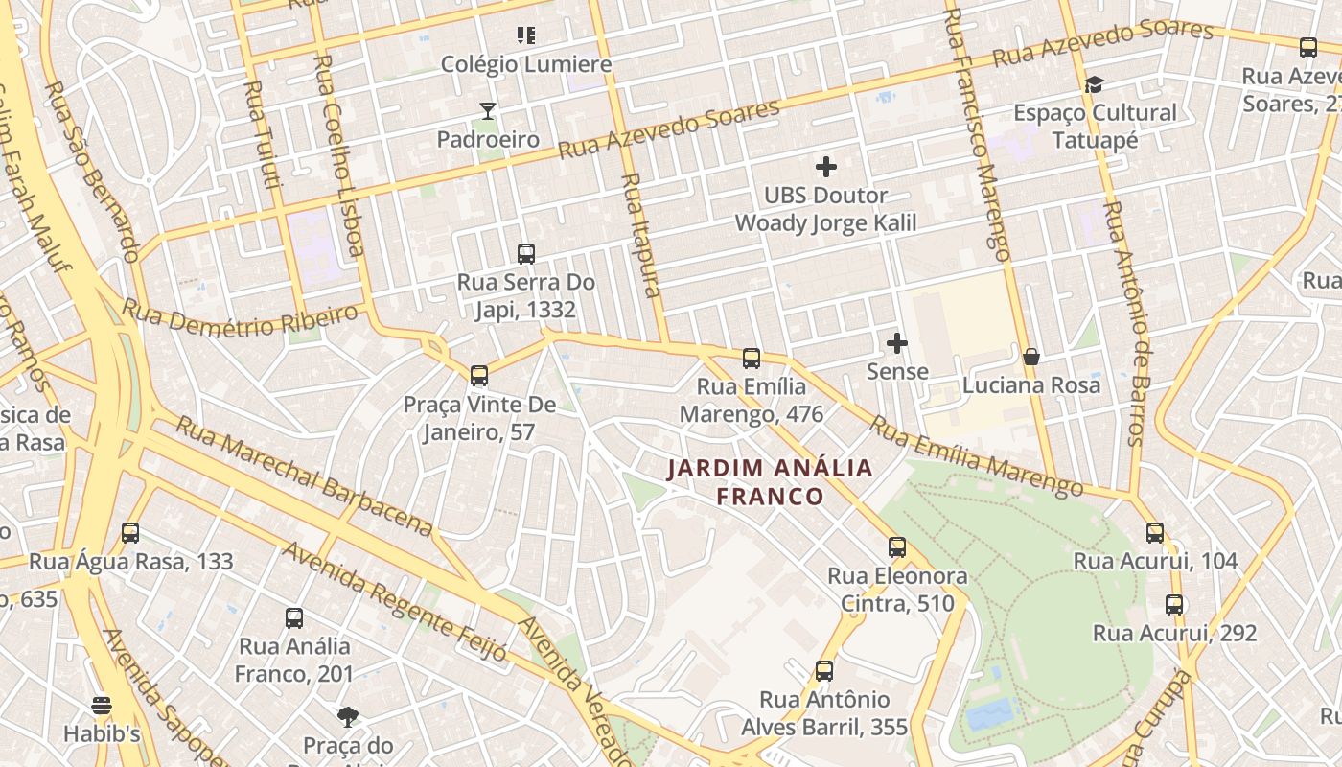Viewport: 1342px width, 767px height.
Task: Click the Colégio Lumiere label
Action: pos(525,64)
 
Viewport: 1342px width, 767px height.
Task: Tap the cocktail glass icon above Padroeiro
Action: pos(488,111)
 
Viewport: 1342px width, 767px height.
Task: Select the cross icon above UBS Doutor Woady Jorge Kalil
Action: pos(825,167)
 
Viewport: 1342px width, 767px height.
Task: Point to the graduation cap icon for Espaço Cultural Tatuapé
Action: pos(1094,84)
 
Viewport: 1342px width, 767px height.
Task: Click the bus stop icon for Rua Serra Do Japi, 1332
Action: pos(525,254)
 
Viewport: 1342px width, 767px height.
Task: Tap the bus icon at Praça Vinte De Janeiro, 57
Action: pos(479,376)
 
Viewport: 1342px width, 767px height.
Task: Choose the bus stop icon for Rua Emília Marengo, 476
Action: pos(752,359)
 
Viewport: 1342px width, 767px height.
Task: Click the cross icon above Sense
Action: pos(897,343)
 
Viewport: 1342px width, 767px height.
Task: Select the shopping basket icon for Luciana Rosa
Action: pos(1031,357)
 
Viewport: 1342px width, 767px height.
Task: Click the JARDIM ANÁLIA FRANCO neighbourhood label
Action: pos(771,481)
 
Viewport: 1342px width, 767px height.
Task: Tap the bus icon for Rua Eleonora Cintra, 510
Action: pos(897,547)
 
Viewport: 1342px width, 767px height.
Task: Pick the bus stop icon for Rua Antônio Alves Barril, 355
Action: pos(824,671)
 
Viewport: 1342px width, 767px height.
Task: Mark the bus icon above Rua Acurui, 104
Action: pos(1155,533)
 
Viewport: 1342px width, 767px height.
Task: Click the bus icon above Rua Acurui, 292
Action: pos(1174,605)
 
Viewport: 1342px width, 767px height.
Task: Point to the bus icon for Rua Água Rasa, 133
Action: pos(130,533)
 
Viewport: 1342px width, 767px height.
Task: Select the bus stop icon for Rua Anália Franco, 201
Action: pos(294,618)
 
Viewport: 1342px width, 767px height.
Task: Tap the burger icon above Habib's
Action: pos(102,707)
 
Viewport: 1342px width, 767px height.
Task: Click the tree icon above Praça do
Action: pos(348,716)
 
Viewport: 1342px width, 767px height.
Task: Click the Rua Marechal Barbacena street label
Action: pos(304,476)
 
